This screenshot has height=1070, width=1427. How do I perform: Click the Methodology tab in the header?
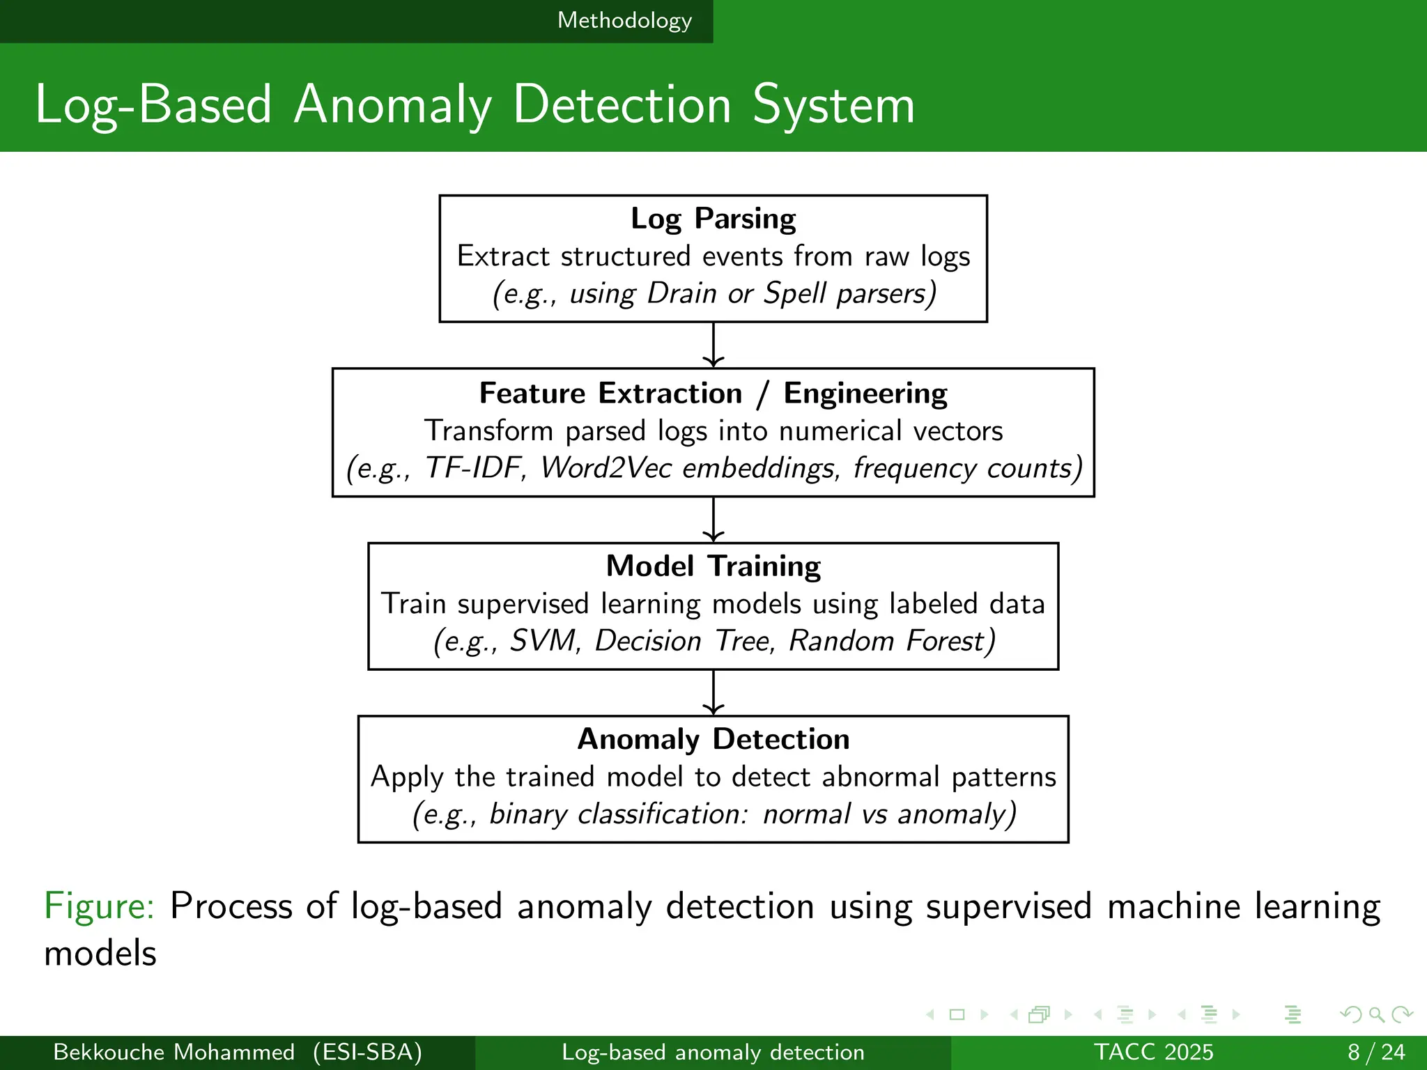click(x=624, y=21)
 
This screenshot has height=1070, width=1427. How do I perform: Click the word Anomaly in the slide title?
click(x=392, y=106)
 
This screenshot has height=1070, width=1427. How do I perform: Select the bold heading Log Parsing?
click(x=713, y=219)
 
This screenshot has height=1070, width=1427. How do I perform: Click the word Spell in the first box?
click(x=794, y=293)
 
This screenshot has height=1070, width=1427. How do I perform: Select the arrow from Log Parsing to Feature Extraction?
click(x=713, y=345)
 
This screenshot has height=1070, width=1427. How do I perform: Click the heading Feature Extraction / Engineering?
click(x=713, y=394)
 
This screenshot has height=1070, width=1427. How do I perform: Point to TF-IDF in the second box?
click(x=474, y=468)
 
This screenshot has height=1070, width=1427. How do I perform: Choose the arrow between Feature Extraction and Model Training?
click(x=713, y=519)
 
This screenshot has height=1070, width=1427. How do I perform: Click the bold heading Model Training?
click(x=713, y=566)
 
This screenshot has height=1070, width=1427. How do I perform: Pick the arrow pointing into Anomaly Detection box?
click(x=713, y=692)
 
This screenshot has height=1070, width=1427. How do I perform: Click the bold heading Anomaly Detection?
click(x=713, y=739)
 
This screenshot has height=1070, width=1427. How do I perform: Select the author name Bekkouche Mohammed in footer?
click(x=174, y=1052)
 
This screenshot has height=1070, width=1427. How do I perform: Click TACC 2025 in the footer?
click(x=1153, y=1052)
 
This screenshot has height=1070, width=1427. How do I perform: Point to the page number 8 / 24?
click(x=1376, y=1052)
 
